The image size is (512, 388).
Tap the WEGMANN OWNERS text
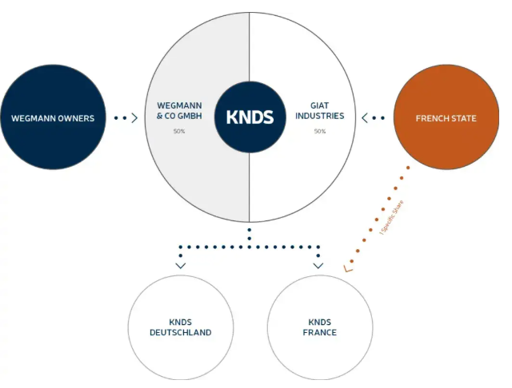tap(53, 119)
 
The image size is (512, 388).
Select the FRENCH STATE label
tap(446, 119)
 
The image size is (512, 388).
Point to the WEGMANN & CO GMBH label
tap(179, 110)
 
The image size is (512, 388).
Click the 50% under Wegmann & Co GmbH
tap(179, 131)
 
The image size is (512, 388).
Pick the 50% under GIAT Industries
tap(320, 131)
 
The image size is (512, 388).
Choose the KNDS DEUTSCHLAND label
tap(180, 327)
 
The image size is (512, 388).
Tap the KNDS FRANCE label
tap(319, 327)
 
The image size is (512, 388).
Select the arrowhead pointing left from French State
tap(366, 118)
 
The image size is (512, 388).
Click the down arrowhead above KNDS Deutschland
tap(180, 265)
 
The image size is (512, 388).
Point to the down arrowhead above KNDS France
tap(318, 265)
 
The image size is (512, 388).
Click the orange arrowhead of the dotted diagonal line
tap(347, 268)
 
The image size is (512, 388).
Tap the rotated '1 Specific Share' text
tap(391, 216)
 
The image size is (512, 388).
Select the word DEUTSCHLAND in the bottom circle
tap(180, 333)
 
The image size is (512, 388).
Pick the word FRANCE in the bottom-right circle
tap(319, 333)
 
